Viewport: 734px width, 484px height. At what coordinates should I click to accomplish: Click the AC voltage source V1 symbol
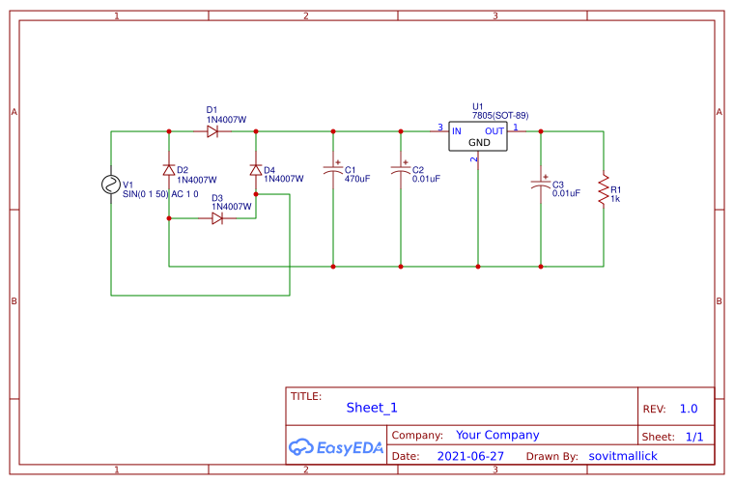[111, 185]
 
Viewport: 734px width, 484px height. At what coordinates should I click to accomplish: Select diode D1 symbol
[212, 131]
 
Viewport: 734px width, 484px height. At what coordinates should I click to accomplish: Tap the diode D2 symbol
[169, 170]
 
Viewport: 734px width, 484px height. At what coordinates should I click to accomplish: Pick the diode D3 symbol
[217, 218]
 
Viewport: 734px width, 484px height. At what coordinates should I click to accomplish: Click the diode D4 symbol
[256, 170]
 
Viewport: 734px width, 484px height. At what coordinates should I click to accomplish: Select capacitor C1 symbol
[333, 171]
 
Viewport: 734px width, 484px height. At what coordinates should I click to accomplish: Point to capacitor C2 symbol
[401, 171]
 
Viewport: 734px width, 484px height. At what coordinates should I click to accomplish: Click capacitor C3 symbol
[541, 185]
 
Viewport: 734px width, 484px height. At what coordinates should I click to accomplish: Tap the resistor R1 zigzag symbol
[604, 189]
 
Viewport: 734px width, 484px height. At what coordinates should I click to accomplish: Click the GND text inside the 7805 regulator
[479, 143]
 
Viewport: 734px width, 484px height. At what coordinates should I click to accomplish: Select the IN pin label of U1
[457, 131]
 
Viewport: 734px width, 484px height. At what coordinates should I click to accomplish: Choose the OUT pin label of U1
[494, 131]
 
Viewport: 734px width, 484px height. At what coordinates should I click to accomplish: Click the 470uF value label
[357, 179]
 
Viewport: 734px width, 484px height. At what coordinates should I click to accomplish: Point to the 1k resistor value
[615, 199]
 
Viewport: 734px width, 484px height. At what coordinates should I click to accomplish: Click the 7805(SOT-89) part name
[499, 116]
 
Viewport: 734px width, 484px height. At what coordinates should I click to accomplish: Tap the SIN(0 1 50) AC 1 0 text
[160, 194]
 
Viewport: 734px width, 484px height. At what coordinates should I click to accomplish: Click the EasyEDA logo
[336, 447]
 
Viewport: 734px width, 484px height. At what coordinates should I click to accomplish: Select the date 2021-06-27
[470, 455]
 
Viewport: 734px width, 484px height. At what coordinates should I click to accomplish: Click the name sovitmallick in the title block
[622, 455]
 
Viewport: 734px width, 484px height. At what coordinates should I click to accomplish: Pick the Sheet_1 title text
[372, 408]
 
